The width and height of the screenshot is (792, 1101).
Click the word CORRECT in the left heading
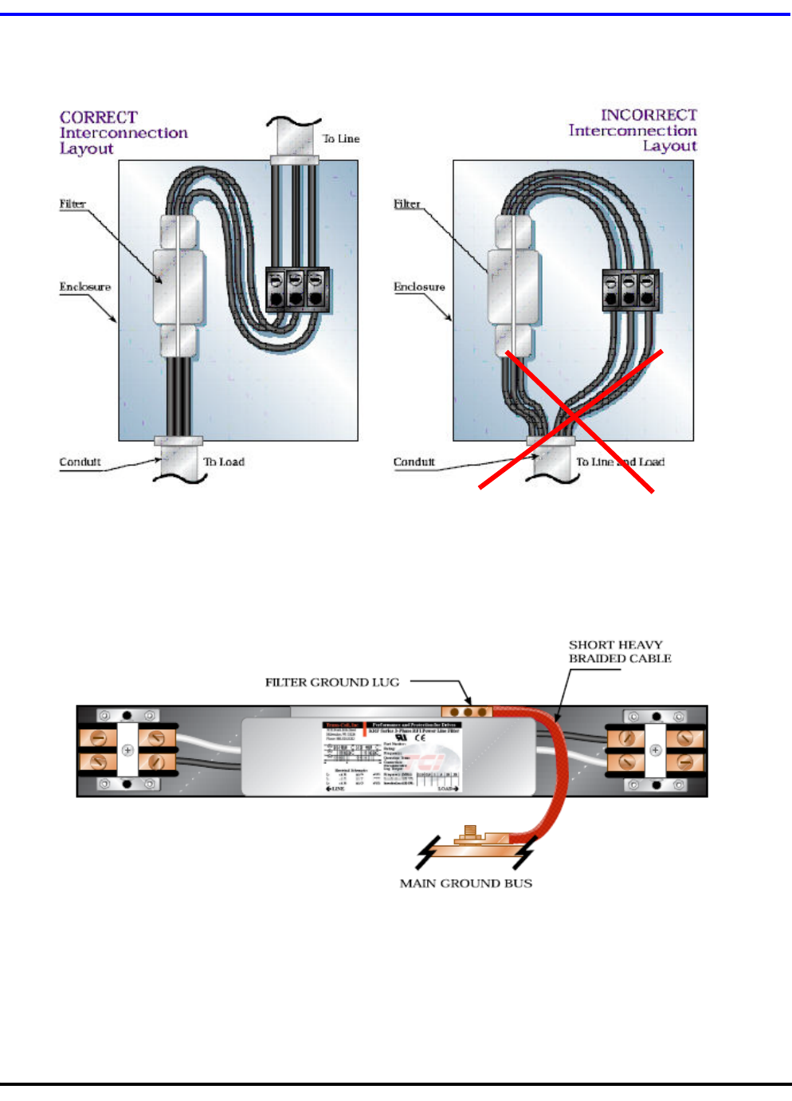(99, 117)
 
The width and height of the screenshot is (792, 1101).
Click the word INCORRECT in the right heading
(649, 115)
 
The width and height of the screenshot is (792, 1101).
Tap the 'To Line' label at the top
(341, 139)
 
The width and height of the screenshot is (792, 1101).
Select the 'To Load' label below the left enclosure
(224, 462)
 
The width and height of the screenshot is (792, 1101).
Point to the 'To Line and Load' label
(620, 462)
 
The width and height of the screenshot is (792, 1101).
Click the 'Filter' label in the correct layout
(73, 204)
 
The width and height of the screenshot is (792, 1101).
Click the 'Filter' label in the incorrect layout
(406, 204)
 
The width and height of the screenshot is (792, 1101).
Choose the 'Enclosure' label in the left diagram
(85, 287)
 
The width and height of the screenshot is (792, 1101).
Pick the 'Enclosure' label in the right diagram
(419, 287)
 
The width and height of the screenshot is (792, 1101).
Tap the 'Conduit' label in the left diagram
(80, 462)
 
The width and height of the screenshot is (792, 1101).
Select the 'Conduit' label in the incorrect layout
(414, 462)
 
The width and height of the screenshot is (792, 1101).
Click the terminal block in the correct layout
(297, 289)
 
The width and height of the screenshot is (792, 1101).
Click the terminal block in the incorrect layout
(630, 290)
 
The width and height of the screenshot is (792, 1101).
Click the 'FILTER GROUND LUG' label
(332, 682)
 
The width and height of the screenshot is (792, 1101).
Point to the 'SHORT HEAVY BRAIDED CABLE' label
(619, 651)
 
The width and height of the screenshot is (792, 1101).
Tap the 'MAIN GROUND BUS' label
(466, 883)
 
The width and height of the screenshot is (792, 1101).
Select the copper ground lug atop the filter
(468, 711)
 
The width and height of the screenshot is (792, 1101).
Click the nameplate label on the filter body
(392, 757)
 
